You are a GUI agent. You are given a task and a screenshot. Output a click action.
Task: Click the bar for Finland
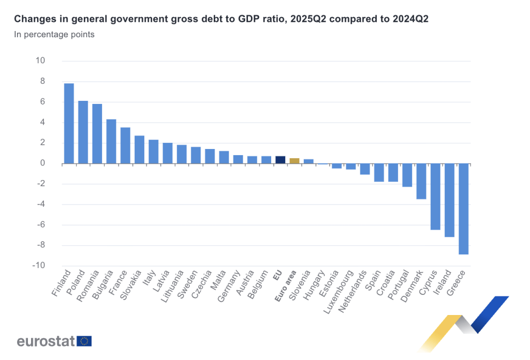pyautogui.click(x=69, y=124)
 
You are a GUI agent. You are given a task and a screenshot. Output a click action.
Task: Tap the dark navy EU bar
pyautogui.click(x=280, y=160)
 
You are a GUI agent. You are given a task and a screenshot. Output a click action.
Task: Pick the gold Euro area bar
pyautogui.click(x=294, y=161)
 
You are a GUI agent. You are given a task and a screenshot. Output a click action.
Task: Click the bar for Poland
pyautogui.click(x=83, y=132)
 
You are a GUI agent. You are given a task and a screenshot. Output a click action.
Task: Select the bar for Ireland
pyautogui.click(x=449, y=200)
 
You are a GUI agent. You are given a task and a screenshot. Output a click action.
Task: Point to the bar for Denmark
pyautogui.click(x=421, y=181)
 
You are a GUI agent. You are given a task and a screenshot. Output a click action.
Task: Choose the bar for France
pyautogui.click(x=125, y=145)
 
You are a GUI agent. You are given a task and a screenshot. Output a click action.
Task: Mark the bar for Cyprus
pyautogui.click(x=435, y=197)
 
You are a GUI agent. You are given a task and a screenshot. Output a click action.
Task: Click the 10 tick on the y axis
pyautogui.click(x=40, y=61)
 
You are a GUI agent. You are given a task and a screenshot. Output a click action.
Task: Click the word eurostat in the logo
pyautogui.click(x=46, y=341)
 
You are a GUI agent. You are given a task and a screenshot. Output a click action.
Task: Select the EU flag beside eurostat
pyautogui.click(x=84, y=341)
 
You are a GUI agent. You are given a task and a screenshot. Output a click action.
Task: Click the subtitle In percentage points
pyautogui.click(x=54, y=35)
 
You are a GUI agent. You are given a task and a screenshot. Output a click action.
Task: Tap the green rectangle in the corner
pyautogui.click(x=511, y=22)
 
